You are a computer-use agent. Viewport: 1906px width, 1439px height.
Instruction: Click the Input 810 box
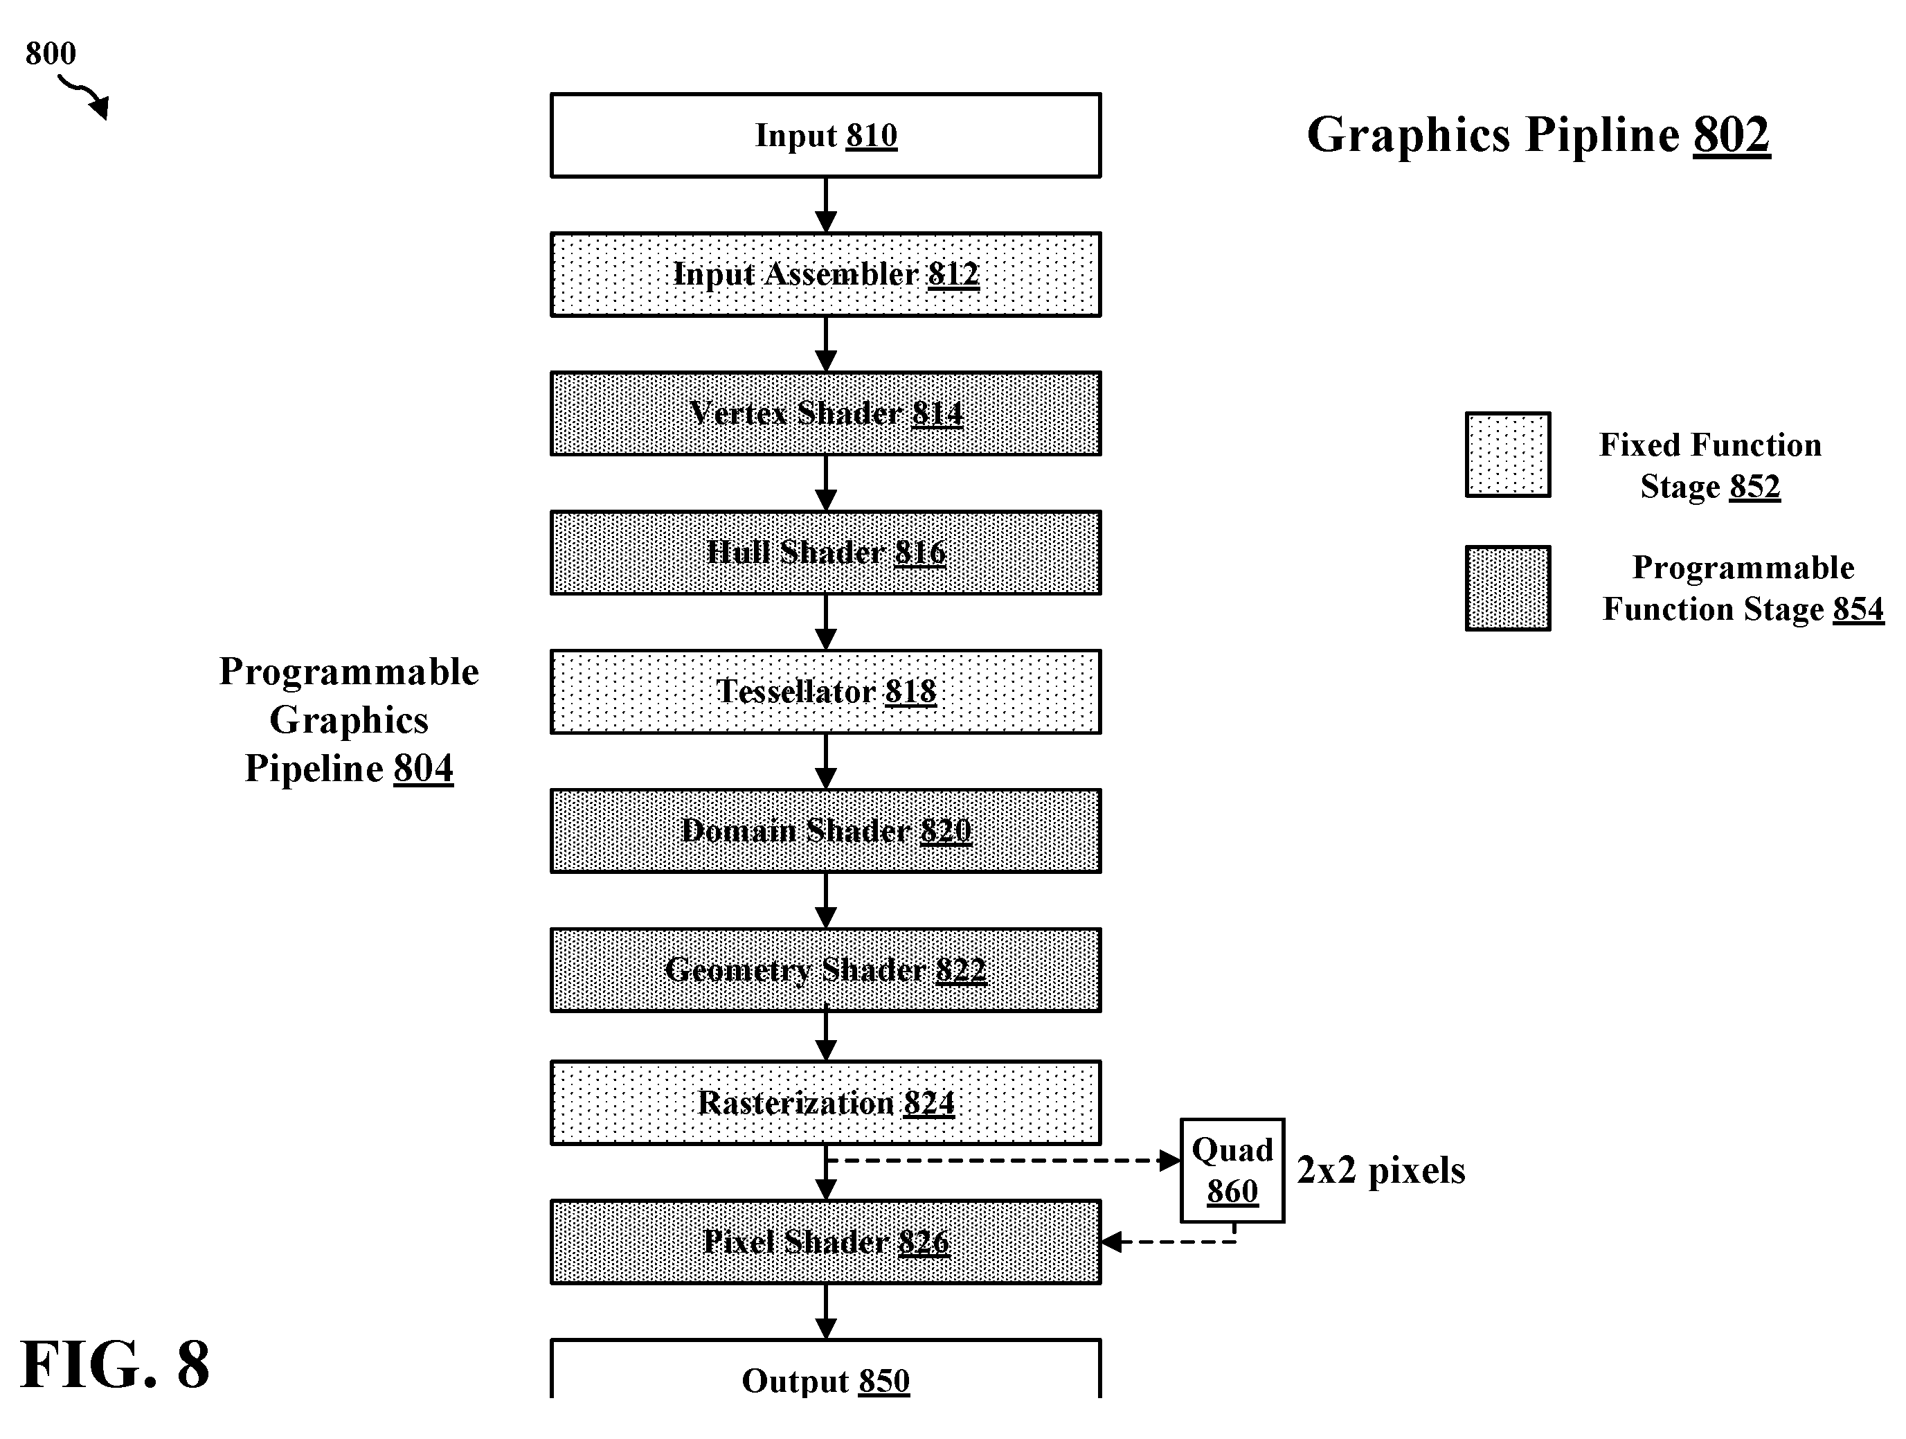coord(825,135)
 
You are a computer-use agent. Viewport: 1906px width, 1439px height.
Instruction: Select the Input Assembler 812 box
coord(825,274)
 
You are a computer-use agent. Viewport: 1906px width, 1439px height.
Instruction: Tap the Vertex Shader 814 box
coord(825,413)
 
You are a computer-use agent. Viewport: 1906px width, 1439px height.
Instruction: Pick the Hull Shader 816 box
coord(825,553)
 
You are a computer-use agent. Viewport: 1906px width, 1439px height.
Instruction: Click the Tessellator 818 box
coord(825,692)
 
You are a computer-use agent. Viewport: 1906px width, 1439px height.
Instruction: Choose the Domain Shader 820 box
coord(825,831)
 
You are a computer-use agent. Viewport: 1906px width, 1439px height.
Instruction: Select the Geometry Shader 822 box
coord(825,970)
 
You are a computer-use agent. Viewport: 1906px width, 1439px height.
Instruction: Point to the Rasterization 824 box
coord(825,1103)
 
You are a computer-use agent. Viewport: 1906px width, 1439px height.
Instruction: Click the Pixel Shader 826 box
coord(825,1242)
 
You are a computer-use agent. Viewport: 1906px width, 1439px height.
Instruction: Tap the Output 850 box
coord(825,1370)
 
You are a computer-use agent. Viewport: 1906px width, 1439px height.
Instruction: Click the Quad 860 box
coord(1232,1170)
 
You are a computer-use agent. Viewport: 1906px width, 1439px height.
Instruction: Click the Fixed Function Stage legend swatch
coord(1508,455)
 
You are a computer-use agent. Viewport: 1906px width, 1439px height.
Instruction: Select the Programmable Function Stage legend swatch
coord(1508,589)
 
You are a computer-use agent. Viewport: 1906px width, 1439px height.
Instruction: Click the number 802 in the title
coord(1732,135)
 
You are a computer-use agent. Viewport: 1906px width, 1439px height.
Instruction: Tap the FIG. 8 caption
coord(115,1365)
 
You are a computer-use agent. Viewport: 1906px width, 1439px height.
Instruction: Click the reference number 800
coord(51,53)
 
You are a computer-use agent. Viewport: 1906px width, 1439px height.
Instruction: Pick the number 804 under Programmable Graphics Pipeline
coord(423,768)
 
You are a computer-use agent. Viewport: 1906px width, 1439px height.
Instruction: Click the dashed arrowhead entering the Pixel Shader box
coord(1112,1242)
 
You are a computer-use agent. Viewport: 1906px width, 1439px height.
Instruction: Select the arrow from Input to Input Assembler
coord(825,205)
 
